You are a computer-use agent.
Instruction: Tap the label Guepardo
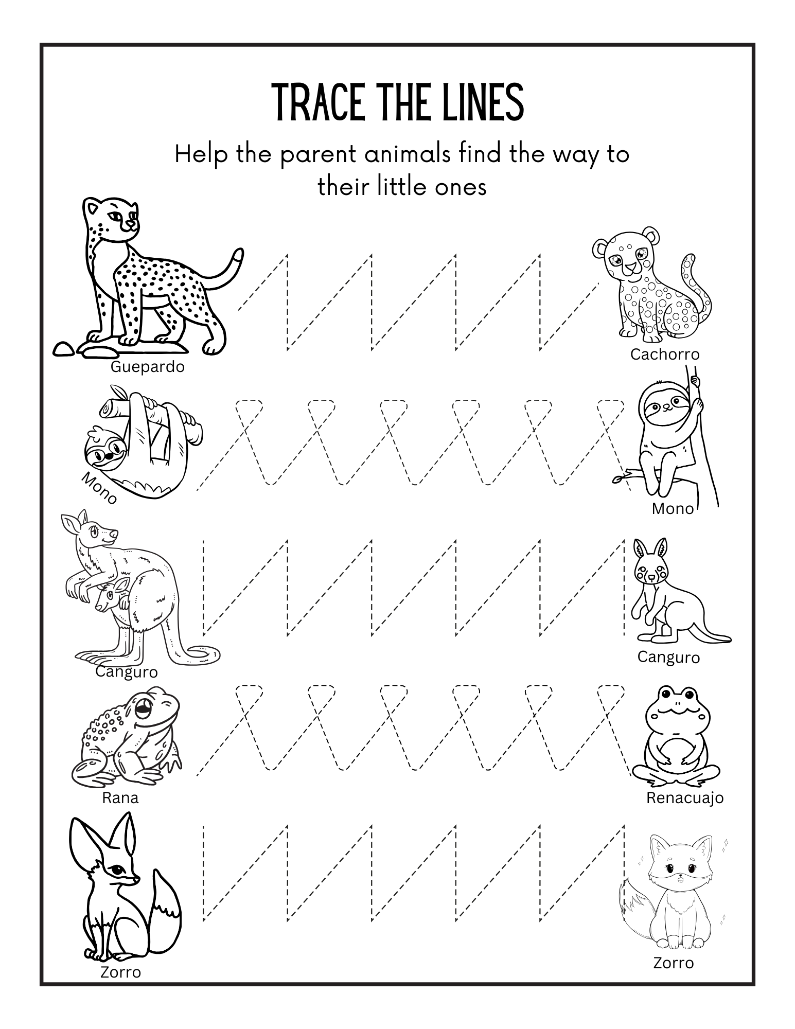click(x=147, y=367)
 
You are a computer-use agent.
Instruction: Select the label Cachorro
click(x=665, y=354)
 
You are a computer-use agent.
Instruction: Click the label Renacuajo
click(x=684, y=798)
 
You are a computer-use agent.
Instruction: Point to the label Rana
click(x=120, y=798)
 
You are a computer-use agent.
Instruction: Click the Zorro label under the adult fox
click(x=120, y=972)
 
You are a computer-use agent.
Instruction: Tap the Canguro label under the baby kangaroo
click(x=668, y=657)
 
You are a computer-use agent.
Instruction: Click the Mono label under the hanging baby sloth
click(x=673, y=509)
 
